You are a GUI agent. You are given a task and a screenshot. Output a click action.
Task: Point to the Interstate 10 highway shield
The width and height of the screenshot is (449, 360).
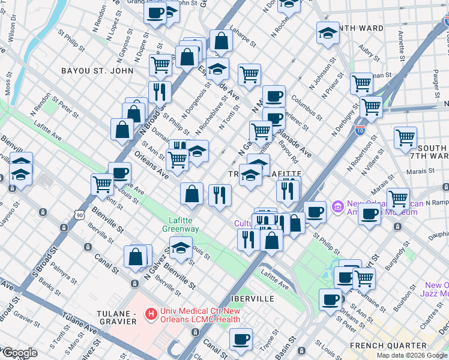(360, 131)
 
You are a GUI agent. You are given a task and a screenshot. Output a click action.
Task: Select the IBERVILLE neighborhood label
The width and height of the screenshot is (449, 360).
(252, 298)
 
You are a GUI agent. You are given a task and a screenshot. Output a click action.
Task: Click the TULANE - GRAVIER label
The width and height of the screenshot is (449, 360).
(118, 317)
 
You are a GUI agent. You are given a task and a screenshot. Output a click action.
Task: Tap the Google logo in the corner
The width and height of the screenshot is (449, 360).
(19, 353)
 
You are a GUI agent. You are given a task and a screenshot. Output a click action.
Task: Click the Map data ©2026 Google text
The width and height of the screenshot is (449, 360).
(412, 355)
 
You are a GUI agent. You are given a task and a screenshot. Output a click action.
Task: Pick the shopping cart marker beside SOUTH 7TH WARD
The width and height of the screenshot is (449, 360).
(406, 137)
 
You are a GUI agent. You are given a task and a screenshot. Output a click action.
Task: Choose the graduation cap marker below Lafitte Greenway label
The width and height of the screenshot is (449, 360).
(181, 247)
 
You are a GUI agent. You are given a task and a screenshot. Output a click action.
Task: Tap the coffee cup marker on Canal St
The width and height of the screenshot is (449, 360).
(241, 340)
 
